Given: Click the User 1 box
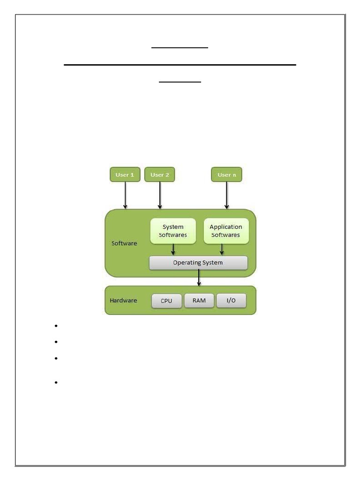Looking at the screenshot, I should click(125, 174).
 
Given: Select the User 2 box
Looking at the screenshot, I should click(160, 174).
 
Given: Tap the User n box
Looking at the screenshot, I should click(227, 174).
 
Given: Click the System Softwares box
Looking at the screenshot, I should click(173, 231).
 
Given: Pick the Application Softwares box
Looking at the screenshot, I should click(225, 231).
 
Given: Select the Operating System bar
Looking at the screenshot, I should click(198, 262).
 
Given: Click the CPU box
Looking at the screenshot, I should click(166, 301).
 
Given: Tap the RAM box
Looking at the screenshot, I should click(199, 300).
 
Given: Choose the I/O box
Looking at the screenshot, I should click(231, 300).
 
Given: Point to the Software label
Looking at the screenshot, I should click(124, 243).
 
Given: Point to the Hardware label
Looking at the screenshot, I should click(123, 300).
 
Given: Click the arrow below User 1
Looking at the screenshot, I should click(125, 195).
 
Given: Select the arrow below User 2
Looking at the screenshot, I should click(160, 195).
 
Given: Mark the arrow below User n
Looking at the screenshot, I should click(227, 195).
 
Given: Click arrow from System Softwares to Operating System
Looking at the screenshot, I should click(173, 249).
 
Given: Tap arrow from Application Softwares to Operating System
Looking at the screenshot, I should click(222, 249).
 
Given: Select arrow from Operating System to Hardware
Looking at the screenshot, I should click(199, 277).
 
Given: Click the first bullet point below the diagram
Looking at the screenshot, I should click(55, 326).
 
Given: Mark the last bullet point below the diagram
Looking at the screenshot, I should click(55, 383).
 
